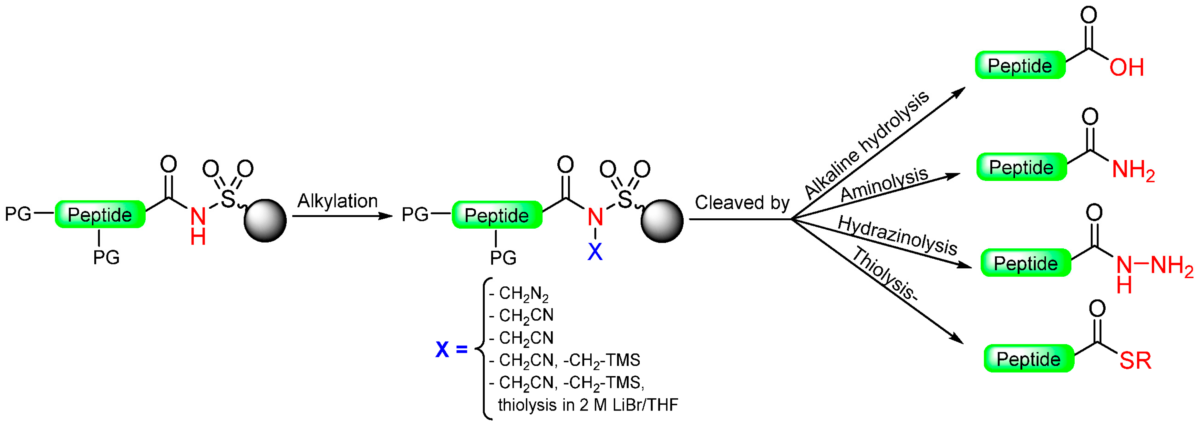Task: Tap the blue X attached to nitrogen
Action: [x=595, y=252]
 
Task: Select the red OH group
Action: [x=1126, y=68]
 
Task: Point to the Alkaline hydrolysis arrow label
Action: [x=866, y=144]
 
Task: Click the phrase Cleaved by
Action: [x=742, y=203]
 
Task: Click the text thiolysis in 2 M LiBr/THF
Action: [x=588, y=405]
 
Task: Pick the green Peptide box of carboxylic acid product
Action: [x=1020, y=65]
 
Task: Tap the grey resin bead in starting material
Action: [x=265, y=221]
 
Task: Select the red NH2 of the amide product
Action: [x=1133, y=170]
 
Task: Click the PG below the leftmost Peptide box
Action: [x=106, y=257]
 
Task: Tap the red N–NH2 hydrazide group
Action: [x=1153, y=267]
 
